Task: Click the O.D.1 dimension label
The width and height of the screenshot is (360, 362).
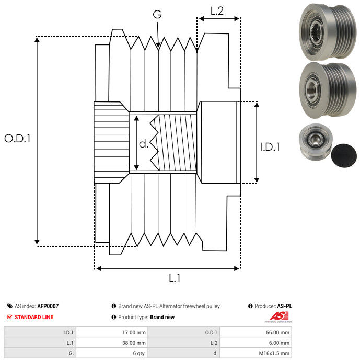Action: click(18, 139)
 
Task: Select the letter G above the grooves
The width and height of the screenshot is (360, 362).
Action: click(157, 14)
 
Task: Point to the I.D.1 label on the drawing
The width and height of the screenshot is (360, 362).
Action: click(270, 147)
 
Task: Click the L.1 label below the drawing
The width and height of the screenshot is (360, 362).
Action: click(175, 279)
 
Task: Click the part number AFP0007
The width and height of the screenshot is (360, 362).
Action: click(48, 306)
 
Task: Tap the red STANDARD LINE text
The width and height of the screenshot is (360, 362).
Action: click(34, 317)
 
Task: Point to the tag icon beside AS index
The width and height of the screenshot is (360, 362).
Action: click(9, 306)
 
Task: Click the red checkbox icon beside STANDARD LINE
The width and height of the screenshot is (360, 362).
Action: click(9, 317)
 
